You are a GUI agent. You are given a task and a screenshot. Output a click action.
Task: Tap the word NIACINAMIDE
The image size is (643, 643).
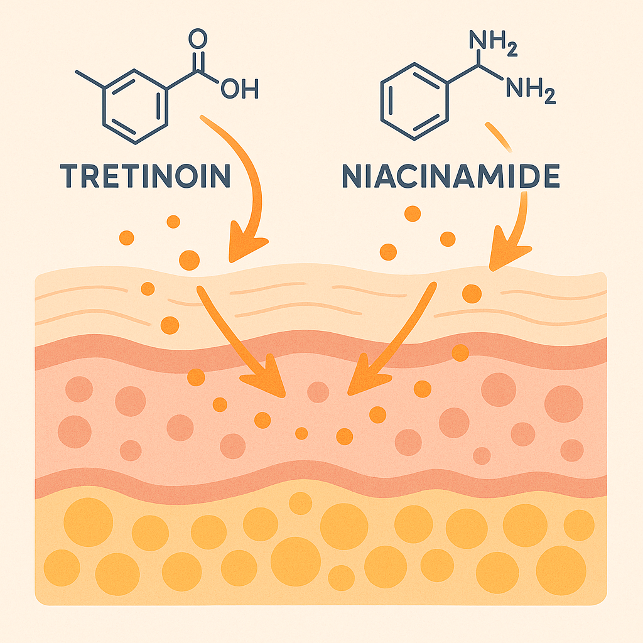(x=450, y=177)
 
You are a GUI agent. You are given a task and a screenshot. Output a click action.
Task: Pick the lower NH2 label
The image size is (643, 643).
(x=531, y=92)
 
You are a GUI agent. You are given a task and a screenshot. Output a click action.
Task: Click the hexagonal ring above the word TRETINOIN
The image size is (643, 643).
(x=135, y=104)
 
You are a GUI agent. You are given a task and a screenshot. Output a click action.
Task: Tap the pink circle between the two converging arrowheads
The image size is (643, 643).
(x=318, y=392)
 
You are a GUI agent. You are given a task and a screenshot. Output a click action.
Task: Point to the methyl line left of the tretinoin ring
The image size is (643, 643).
(x=89, y=78)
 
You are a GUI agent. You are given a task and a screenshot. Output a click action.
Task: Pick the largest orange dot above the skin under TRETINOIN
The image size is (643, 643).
(x=189, y=259)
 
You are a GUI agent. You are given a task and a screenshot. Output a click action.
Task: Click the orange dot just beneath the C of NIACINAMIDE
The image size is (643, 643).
(x=412, y=213)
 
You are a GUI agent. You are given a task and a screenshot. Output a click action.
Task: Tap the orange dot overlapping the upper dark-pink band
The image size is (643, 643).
(x=460, y=353)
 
